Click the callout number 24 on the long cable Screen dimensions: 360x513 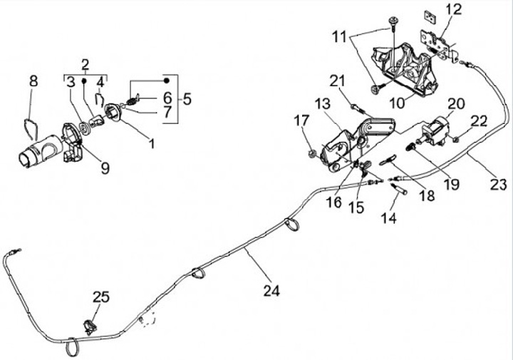click(x=271, y=290)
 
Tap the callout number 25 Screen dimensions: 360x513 click(x=101, y=297)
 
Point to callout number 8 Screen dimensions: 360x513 click(x=33, y=81)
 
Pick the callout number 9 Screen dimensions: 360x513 click(x=105, y=168)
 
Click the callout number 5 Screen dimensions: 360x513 click(x=187, y=98)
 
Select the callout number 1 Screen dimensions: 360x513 click(x=151, y=143)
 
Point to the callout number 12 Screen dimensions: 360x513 click(x=454, y=10)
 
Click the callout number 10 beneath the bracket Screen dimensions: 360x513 click(x=396, y=102)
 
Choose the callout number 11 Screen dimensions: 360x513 click(x=338, y=34)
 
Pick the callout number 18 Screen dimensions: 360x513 click(x=427, y=195)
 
